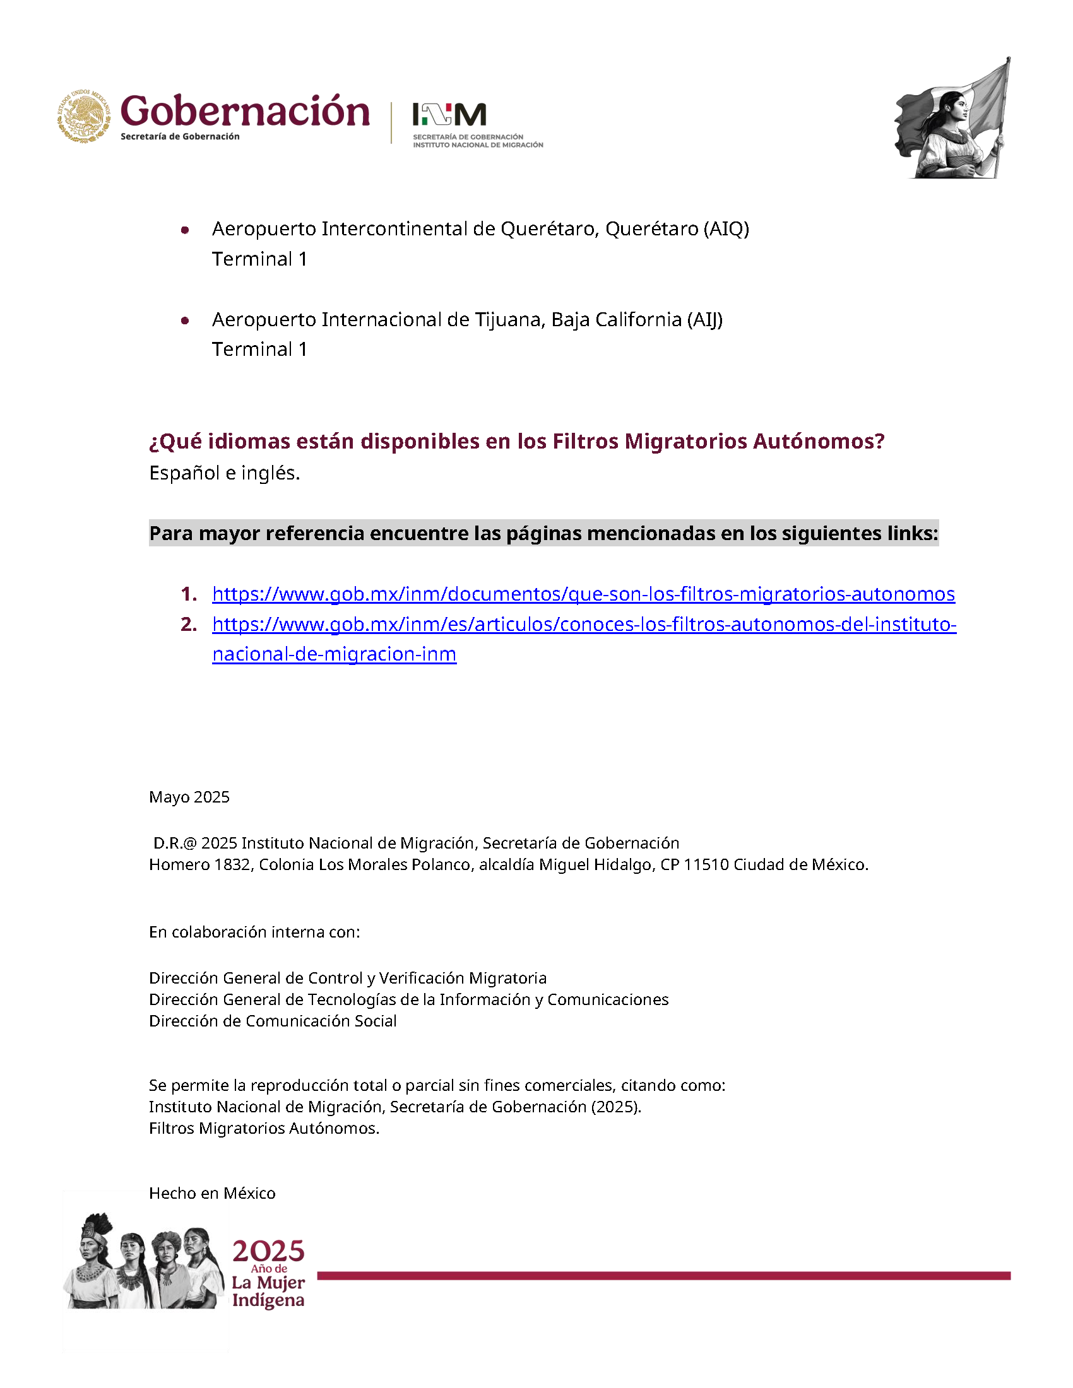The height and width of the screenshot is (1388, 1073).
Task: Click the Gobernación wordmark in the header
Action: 245,112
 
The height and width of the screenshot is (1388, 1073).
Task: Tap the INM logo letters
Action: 449,115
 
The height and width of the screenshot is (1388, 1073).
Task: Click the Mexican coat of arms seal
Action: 84,116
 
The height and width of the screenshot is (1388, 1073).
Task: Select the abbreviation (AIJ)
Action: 704,319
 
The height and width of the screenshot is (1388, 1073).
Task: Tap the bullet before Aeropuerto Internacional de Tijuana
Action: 185,321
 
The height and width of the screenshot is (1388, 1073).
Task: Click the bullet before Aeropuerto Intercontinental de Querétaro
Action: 185,230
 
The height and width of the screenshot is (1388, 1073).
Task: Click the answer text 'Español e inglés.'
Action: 225,473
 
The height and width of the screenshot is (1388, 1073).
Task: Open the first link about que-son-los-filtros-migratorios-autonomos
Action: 583,594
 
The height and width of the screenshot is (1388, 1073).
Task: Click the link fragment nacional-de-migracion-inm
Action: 335,654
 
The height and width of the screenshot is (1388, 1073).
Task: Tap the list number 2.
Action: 189,624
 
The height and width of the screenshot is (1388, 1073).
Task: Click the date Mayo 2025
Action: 189,797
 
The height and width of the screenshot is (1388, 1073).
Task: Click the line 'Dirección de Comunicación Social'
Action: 273,1021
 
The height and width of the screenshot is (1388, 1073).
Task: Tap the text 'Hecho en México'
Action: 212,1193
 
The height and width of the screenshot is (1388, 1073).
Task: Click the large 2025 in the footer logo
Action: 268,1251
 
